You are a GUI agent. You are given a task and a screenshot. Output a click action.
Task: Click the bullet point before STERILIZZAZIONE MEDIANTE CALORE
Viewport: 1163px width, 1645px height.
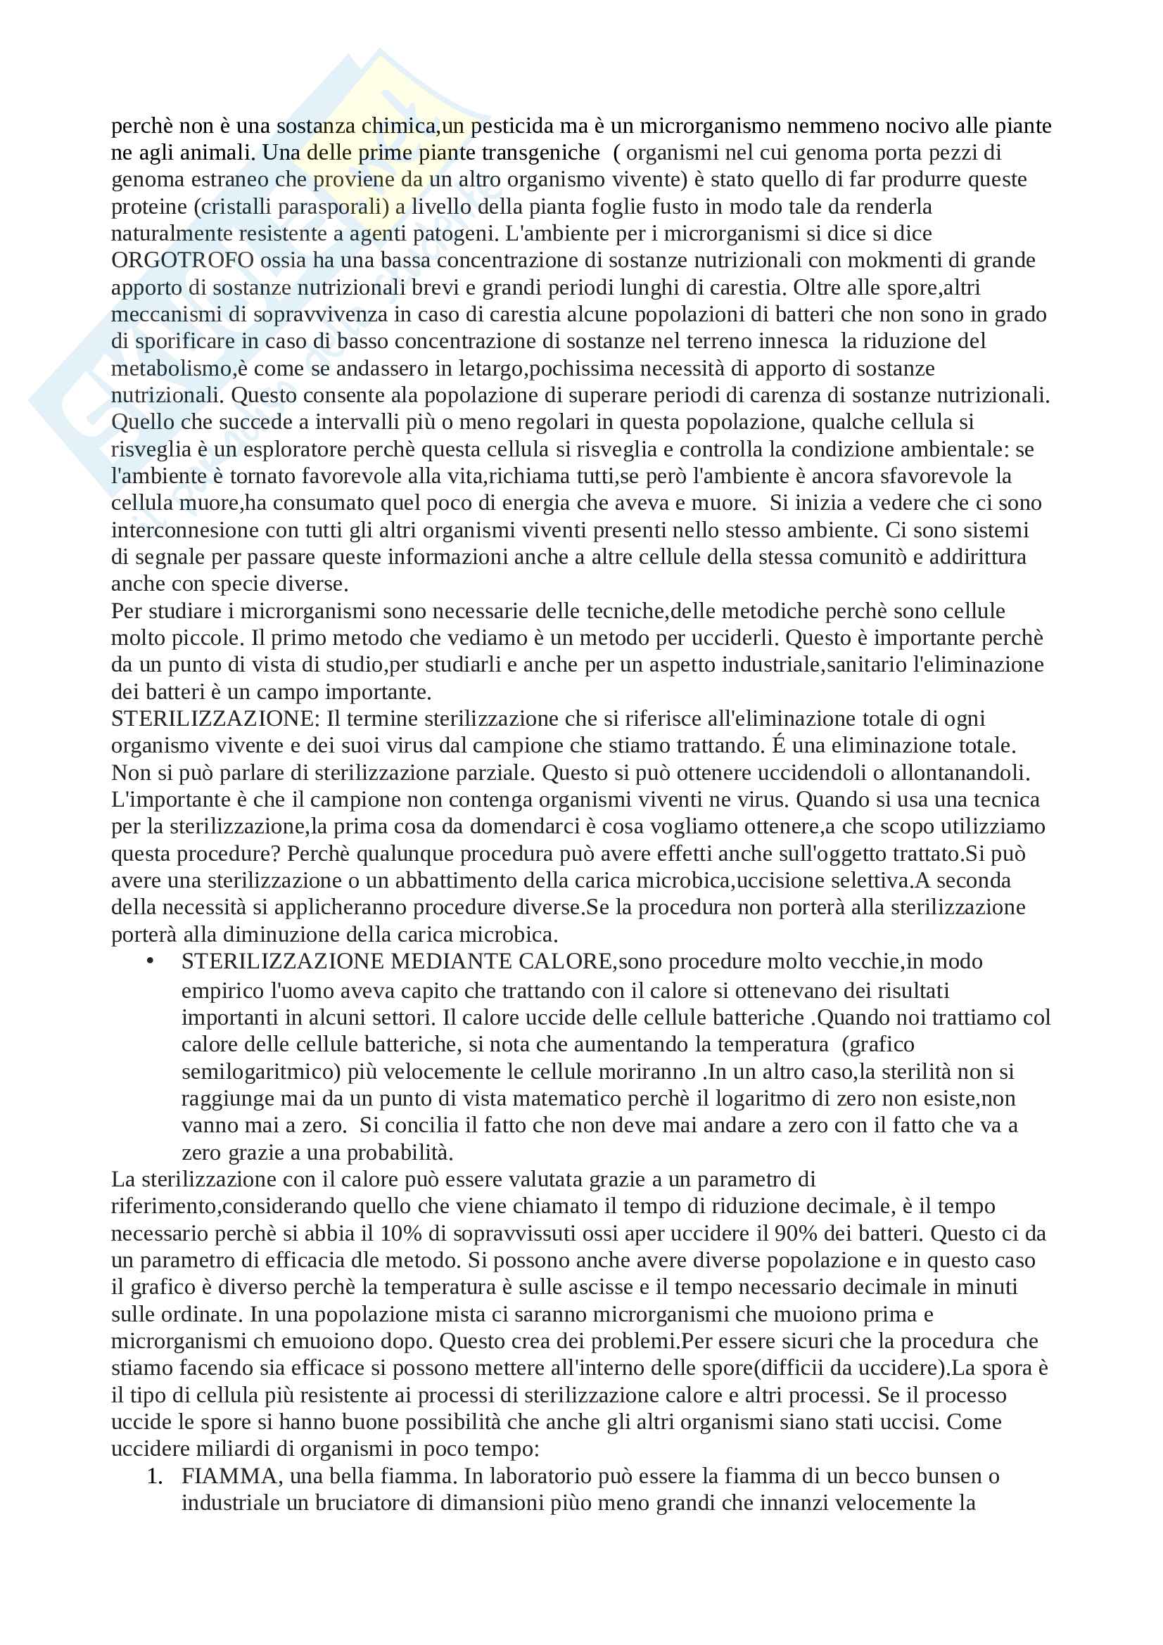click(151, 961)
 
